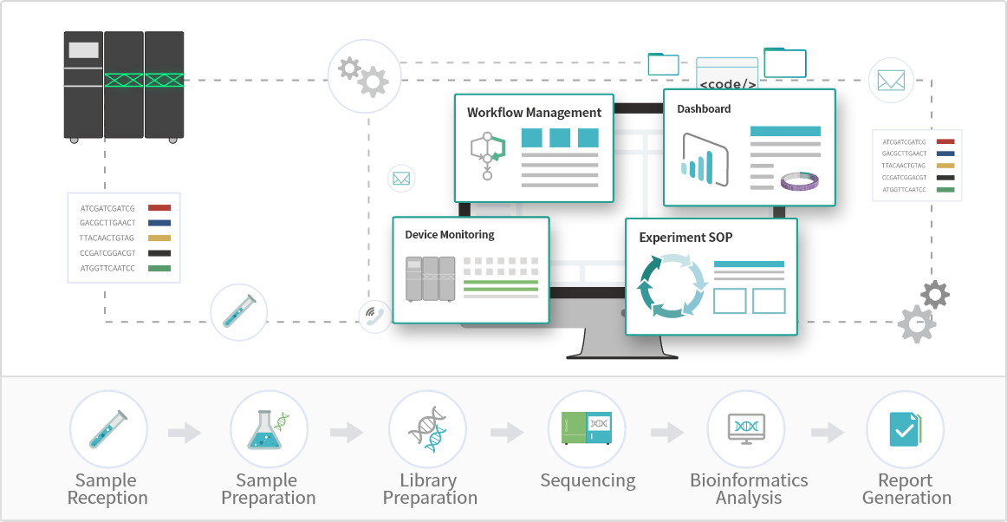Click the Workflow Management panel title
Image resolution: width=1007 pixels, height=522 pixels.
(x=534, y=113)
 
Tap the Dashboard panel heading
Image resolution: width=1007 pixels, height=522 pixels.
(x=704, y=109)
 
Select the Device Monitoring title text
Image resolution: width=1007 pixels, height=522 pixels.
(x=450, y=235)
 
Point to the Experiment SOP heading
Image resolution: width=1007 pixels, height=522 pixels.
(x=685, y=238)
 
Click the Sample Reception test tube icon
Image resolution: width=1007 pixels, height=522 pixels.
(x=108, y=430)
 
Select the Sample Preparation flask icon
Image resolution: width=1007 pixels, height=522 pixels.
(x=268, y=430)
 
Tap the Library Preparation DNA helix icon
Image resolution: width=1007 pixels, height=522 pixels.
(x=428, y=430)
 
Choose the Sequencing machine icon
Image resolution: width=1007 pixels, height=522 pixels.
(x=588, y=430)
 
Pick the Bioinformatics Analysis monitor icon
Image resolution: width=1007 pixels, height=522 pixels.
(x=746, y=430)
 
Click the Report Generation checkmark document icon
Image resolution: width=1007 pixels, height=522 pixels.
(x=905, y=430)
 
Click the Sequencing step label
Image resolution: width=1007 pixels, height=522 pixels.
(x=588, y=480)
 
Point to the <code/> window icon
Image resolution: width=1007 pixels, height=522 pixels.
(x=727, y=75)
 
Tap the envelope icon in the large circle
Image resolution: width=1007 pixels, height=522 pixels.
(x=891, y=81)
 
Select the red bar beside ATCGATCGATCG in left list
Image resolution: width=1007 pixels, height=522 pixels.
(x=159, y=208)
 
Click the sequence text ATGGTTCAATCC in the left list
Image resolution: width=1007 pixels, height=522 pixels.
(x=107, y=269)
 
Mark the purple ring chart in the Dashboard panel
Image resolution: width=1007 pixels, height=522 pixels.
(x=800, y=181)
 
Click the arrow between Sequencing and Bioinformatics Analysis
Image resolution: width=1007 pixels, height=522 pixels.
(x=667, y=432)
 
